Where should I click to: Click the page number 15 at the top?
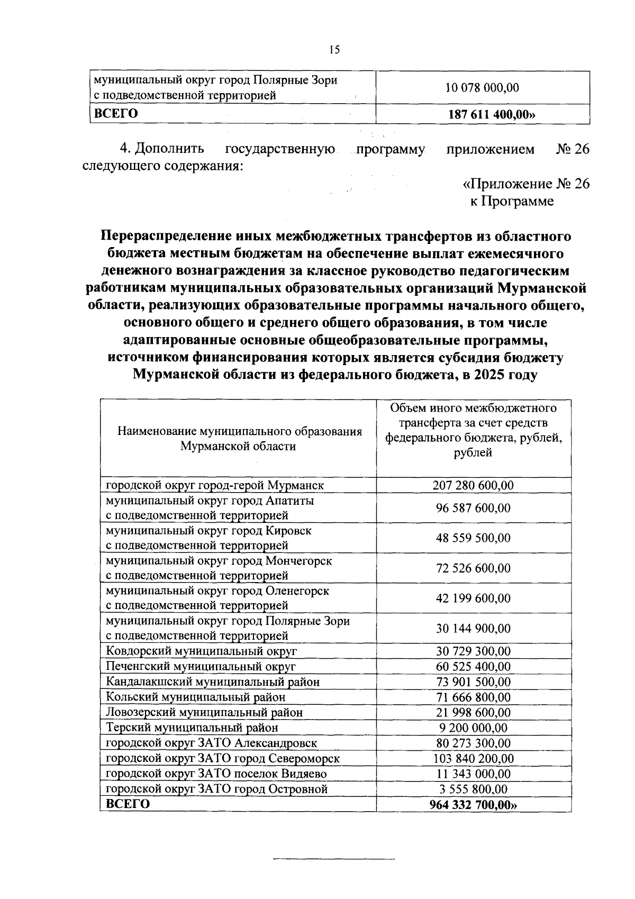334,50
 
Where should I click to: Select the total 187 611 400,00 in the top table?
489,114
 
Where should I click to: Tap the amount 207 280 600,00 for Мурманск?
473,485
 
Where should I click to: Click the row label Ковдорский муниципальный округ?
201,651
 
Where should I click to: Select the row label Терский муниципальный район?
192,728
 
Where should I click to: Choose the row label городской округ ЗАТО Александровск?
211,743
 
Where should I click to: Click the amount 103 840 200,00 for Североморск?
473,759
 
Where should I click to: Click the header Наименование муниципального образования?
239,431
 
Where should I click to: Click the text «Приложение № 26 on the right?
525,184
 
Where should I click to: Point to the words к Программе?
512,201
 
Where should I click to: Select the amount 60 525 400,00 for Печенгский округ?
473,667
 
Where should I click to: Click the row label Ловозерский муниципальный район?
204,713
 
